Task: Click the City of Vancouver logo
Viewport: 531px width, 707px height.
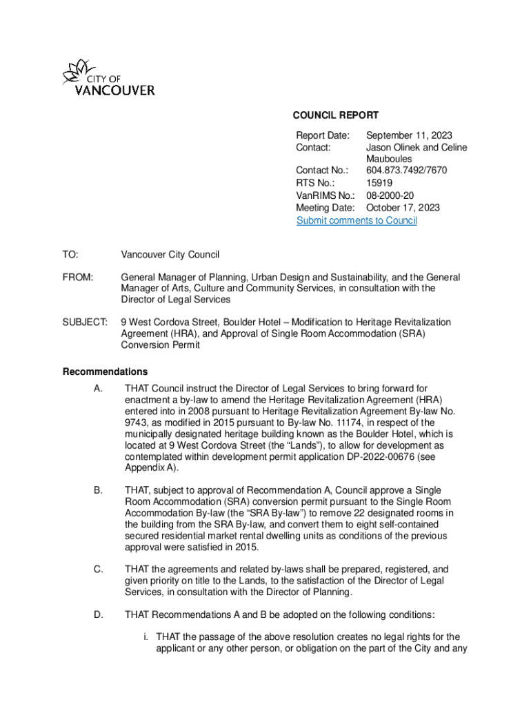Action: [x=108, y=78]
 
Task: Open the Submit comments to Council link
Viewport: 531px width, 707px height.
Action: [x=357, y=220]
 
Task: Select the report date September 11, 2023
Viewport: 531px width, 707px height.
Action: [x=409, y=136]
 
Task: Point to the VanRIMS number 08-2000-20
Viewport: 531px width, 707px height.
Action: [x=390, y=195]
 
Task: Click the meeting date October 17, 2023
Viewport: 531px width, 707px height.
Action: [x=403, y=208]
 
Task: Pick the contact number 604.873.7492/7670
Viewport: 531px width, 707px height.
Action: [x=407, y=171]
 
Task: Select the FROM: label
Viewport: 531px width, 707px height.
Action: [x=78, y=278]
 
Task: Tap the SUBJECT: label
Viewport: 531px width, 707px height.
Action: [x=85, y=322]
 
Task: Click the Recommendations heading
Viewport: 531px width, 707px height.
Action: [x=105, y=372]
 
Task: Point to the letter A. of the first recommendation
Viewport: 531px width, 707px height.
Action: [x=98, y=389]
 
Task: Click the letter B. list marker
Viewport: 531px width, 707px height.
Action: [x=98, y=490]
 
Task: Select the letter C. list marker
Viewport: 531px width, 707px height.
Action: [x=98, y=570]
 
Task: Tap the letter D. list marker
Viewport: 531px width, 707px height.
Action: [x=98, y=614]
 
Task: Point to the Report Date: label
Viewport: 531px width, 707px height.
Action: [x=323, y=136]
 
